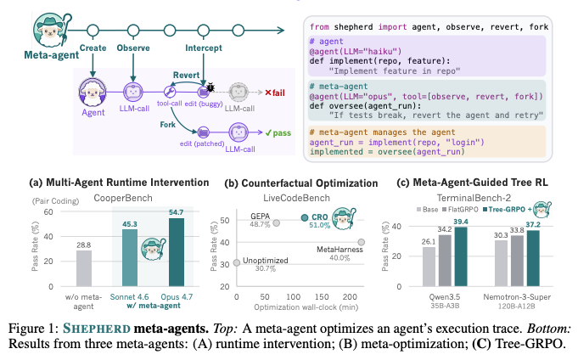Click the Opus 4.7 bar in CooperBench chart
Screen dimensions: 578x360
click(x=177, y=252)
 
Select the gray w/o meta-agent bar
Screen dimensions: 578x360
click(x=84, y=268)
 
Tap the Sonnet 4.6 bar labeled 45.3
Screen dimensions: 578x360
click(x=129, y=258)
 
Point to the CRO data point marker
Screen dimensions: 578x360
click(x=304, y=217)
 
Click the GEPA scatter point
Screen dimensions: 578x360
click(x=276, y=222)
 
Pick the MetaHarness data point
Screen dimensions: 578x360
click(x=362, y=242)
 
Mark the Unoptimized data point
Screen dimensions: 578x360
click(x=237, y=262)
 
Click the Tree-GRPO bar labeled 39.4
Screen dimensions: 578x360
click(x=461, y=256)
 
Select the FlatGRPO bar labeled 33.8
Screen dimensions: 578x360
click(x=517, y=261)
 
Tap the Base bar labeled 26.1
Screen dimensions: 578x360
click(x=429, y=267)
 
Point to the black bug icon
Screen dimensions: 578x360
click(x=210, y=87)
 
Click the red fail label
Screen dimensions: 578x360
click(x=275, y=93)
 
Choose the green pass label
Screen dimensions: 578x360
click(x=278, y=132)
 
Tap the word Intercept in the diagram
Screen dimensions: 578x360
click(x=204, y=48)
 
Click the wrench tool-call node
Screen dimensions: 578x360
click(x=170, y=92)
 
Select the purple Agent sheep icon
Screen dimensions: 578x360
click(x=93, y=93)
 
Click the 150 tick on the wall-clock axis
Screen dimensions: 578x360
click(x=322, y=297)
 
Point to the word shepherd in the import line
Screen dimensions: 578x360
click(x=353, y=27)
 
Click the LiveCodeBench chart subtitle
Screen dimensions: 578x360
click(x=296, y=198)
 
